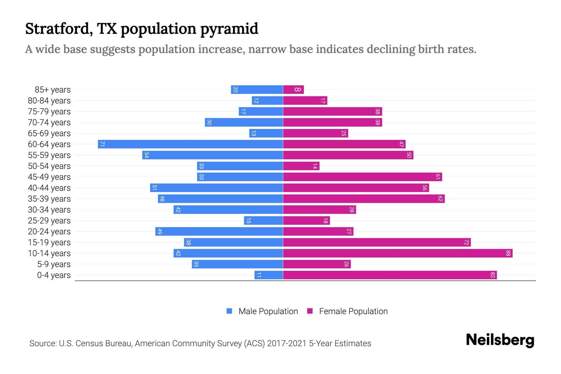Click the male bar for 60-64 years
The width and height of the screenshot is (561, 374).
190,144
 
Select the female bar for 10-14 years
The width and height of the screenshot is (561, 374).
397,253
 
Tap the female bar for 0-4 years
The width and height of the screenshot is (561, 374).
390,275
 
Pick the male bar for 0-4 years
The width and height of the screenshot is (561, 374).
269,275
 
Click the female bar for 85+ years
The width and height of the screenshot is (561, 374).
293,90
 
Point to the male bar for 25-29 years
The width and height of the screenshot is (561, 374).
263,221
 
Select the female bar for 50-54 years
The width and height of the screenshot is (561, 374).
301,166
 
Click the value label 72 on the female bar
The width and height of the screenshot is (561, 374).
466,242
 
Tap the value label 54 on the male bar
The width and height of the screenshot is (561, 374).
146,155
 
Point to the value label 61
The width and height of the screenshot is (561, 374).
438,177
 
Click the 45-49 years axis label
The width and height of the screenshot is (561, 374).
49,177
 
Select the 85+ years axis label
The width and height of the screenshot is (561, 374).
53,90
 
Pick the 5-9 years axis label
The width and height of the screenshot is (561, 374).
54,264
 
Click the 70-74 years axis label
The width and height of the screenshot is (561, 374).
49,122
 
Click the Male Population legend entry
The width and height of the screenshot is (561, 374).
262,311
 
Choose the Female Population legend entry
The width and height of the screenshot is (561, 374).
347,311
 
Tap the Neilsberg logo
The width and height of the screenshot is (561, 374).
500,340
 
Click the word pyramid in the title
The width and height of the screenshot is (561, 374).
229,29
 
